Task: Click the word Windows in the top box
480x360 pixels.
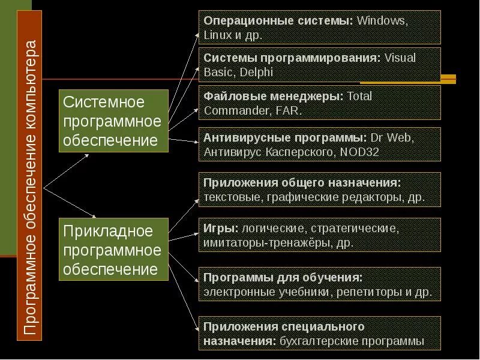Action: coord(382,21)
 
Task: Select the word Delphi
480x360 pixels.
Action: coord(257,73)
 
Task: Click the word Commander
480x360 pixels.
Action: coord(230,110)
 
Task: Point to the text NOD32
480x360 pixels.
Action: coord(359,152)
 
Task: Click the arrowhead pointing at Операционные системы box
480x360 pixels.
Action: coord(200,35)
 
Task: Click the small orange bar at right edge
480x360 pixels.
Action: coord(448,79)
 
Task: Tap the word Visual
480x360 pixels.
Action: coord(400,58)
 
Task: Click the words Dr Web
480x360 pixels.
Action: coord(392,137)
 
